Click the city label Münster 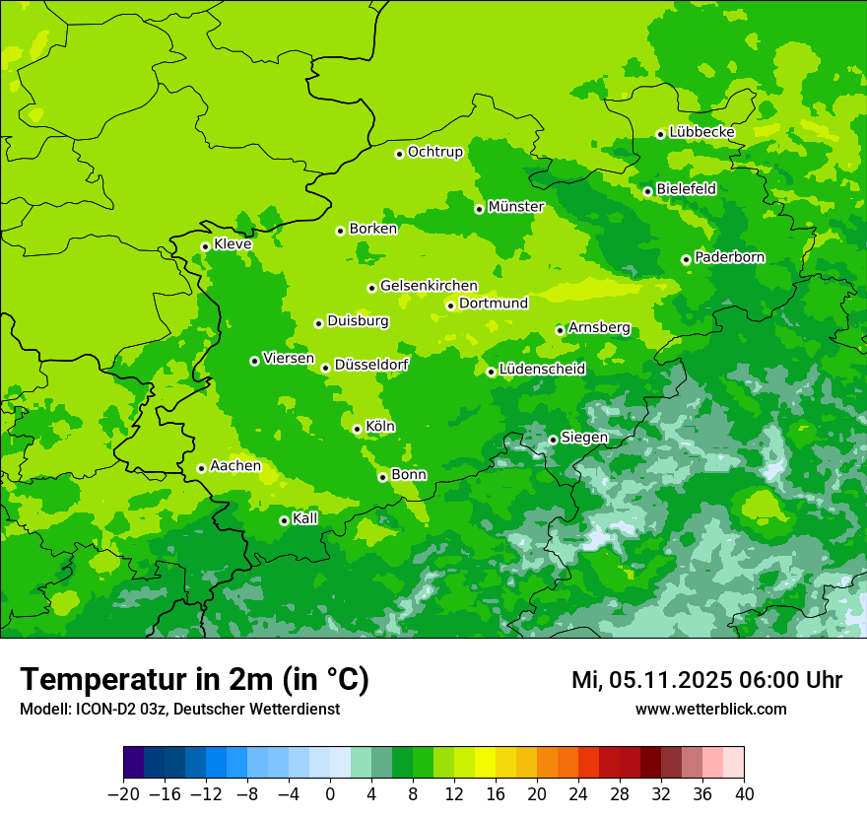click(x=515, y=207)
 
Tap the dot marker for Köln click(x=357, y=429)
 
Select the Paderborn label click(x=729, y=257)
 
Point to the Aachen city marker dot click(x=201, y=468)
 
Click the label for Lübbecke click(x=701, y=132)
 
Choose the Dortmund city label click(x=494, y=304)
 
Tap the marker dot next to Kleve click(x=205, y=246)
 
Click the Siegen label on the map click(x=584, y=438)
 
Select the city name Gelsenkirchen click(x=429, y=286)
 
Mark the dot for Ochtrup click(x=399, y=154)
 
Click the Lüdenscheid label click(x=542, y=370)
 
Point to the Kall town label click(x=305, y=518)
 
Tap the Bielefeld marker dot click(x=647, y=191)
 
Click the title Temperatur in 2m click(x=194, y=679)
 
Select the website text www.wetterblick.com click(x=710, y=710)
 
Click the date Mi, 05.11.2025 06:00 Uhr click(x=706, y=680)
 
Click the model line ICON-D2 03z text click(x=179, y=710)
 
